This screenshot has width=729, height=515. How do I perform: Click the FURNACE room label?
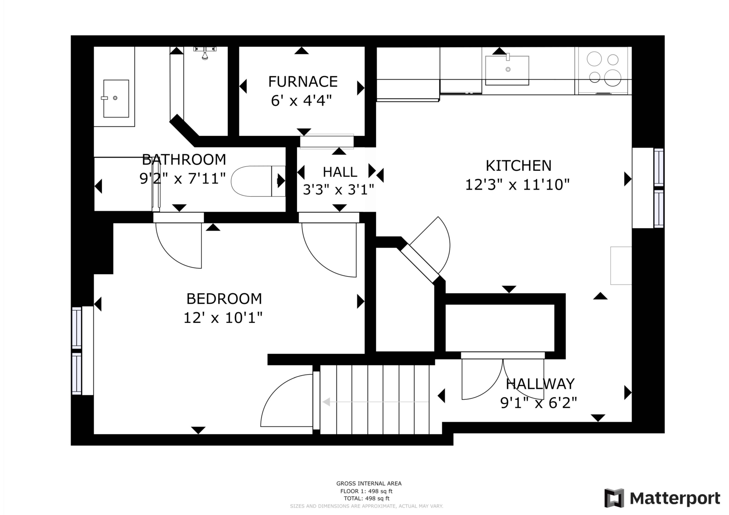pos(303,82)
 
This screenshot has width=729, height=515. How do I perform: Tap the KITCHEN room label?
pos(519,166)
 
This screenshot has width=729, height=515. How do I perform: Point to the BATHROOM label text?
pos(184,160)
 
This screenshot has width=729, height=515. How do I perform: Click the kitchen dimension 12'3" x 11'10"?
pos(517,184)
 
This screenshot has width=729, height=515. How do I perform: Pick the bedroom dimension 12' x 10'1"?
pos(223,317)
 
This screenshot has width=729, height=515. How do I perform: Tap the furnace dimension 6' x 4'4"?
pos(301,101)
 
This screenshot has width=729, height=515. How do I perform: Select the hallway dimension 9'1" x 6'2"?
pos(538,403)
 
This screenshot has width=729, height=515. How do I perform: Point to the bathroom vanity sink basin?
pos(116,98)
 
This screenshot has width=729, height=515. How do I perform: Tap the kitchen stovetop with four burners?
pos(603,71)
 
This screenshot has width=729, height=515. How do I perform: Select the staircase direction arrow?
pos(376,402)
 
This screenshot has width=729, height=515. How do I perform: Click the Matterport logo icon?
pos(614,498)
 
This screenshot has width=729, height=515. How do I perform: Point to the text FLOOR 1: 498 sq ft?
pos(366,491)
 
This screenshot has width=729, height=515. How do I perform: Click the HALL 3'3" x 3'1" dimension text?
pos(339,190)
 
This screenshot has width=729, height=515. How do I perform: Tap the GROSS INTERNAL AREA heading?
pos(369,484)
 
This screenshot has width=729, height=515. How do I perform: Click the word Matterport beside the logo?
pos(675,498)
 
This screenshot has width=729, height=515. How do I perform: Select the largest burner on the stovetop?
pos(613,78)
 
